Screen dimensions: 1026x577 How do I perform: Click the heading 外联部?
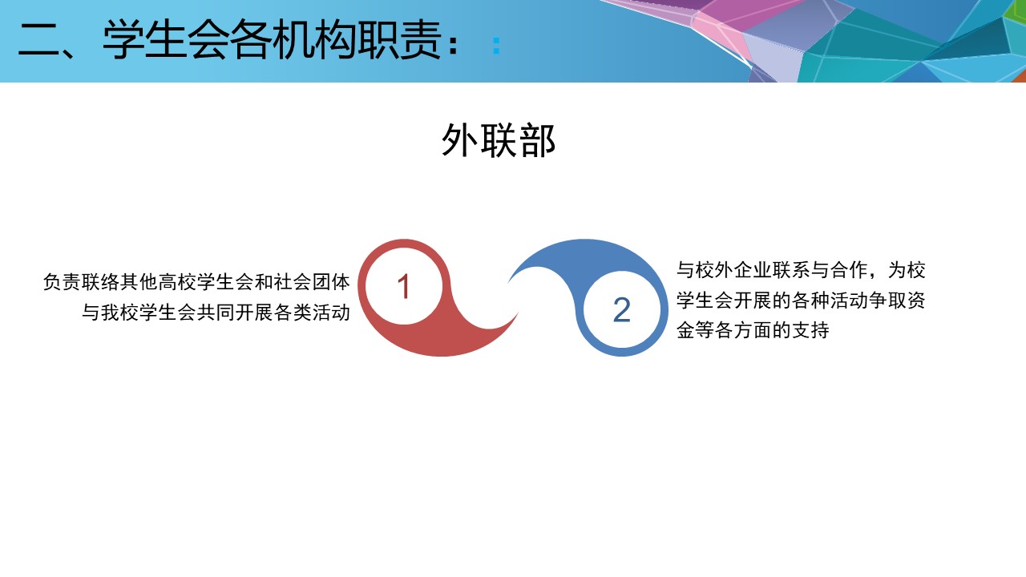[499, 140]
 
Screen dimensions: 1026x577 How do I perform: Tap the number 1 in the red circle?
[403, 287]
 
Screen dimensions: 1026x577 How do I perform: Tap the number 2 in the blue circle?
[621, 310]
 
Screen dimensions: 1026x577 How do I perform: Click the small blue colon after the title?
[496, 46]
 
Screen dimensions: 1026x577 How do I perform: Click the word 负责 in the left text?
[62, 282]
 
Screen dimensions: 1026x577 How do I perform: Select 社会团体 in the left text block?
[312, 282]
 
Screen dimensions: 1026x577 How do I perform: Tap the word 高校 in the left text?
[177, 282]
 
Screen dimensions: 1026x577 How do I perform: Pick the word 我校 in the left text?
[120, 313]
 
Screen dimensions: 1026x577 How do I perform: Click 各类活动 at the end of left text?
[312, 313]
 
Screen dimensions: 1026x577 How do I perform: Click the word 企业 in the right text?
[753, 270]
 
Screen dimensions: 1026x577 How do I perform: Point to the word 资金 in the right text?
[915, 301]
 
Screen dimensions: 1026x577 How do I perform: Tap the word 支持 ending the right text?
[810, 330]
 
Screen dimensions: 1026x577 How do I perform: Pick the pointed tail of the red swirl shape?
[518, 313]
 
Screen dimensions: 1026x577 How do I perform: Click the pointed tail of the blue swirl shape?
[509, 280]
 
